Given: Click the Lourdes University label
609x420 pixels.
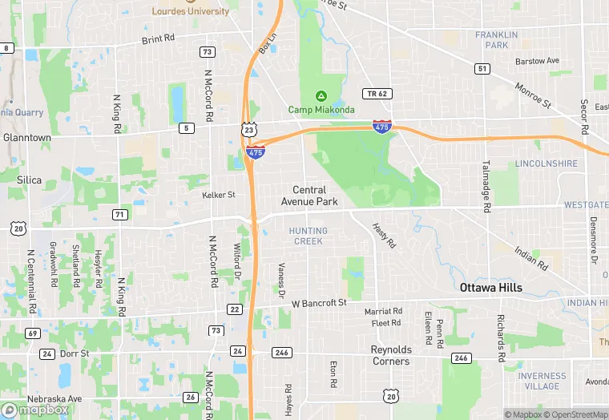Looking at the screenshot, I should point(190,11).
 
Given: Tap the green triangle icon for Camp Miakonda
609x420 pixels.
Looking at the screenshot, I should point(321,95).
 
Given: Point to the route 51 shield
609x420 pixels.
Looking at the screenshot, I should point(482,69).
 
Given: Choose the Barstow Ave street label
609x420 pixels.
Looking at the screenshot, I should point(537,61).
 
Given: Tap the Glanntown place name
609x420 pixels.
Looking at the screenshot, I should point(26,138).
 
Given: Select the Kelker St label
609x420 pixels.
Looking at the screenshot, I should point(218,195).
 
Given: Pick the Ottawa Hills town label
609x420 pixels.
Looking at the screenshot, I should point(490,288).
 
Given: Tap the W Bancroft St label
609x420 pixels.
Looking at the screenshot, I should point(318,303).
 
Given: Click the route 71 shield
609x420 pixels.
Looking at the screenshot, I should point(120,214).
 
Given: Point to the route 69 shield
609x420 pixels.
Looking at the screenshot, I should point(32,333).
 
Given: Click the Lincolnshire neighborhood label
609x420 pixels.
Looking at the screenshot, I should point(546,164).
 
